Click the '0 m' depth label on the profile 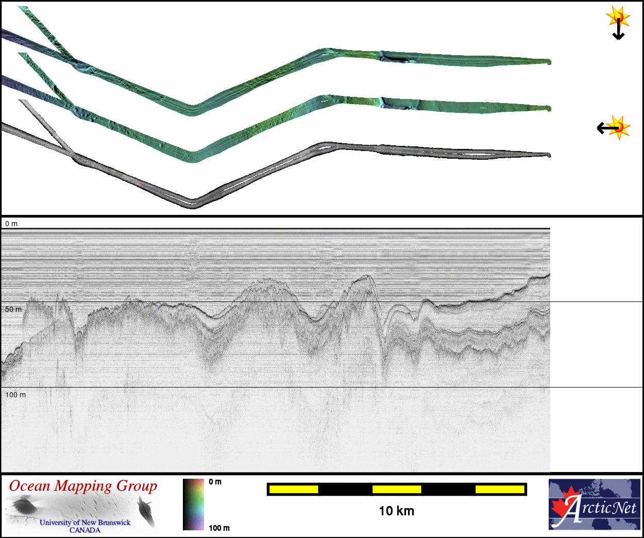pyautogui.click(x=11, y=224)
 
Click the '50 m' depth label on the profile pyautogui.click(x=13, y=309)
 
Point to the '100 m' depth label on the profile pyautogui.click(x=15, y=395)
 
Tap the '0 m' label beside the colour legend pyautogui.click(x=215, y=482)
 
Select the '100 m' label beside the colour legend pyautogui.click(x=219, y=528)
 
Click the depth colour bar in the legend pyautogui.click(x=193, y=505)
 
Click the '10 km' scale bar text pyautogui.click(x=396, y=511)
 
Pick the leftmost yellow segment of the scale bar pyautogui.click(x=294, y=489)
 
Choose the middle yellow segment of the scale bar pyautogui.click(x=397, y=489)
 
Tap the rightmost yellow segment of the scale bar pyautogui.click(x=500, y=489)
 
